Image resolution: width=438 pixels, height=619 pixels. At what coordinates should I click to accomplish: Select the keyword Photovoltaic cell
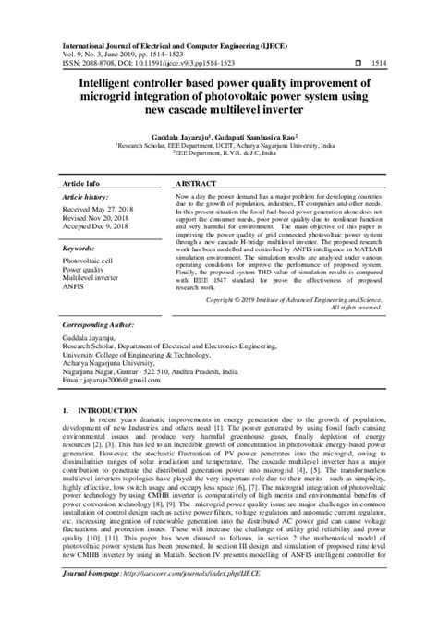89,261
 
